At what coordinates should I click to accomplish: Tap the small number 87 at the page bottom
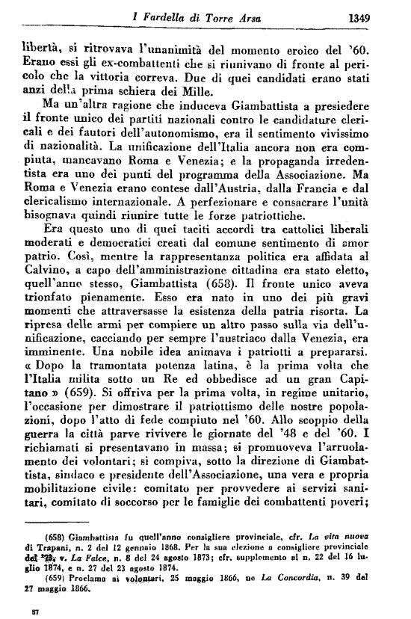27,612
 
